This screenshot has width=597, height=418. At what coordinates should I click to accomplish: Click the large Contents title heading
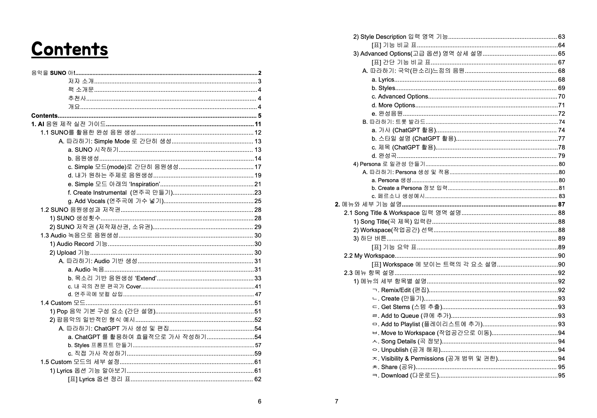coord(70,49)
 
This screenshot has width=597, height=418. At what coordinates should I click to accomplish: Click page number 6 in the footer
coord(259,401)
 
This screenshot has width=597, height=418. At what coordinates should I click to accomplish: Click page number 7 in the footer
coord(336,401)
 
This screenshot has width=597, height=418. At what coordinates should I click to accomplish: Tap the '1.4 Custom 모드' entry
coord(63,303)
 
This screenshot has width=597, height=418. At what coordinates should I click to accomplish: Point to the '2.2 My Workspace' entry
coord(369,256)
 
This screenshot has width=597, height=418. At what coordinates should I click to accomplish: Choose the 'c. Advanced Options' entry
coord(400,96)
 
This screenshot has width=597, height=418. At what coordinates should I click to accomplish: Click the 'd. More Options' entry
coord(393,105)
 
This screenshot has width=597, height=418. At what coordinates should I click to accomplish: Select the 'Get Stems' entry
coord(396,307)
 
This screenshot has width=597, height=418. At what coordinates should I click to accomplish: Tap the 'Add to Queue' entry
coord(400,316)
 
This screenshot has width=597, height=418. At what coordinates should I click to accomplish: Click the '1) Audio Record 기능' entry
coord(78,244)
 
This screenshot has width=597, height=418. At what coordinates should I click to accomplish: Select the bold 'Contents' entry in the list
coord(44,116)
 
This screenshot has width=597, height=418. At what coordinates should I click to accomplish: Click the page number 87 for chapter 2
coord(561,204)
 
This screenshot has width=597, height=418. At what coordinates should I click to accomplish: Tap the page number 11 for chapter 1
coord(258,124)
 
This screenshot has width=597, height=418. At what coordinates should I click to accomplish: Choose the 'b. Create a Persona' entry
coord(409,188)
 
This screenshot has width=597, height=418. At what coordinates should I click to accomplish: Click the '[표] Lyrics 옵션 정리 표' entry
coord(99,379)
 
